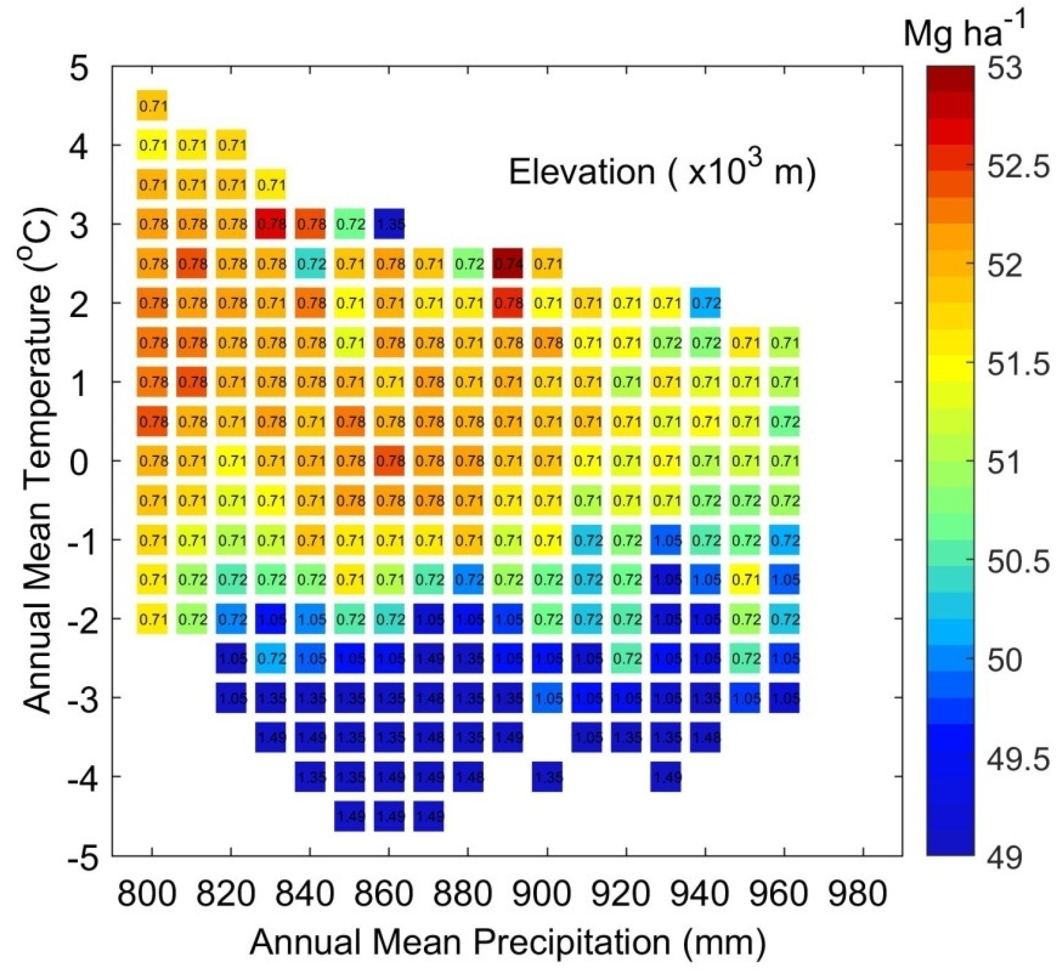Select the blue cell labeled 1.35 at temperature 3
point(389,224)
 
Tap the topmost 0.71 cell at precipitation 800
point(152,106)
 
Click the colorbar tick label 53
point(1005,69)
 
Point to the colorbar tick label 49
point(1005,857)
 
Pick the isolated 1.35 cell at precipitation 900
point(547,777)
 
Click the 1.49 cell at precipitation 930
point(666,777)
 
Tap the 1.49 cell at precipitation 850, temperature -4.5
point(349,816)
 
